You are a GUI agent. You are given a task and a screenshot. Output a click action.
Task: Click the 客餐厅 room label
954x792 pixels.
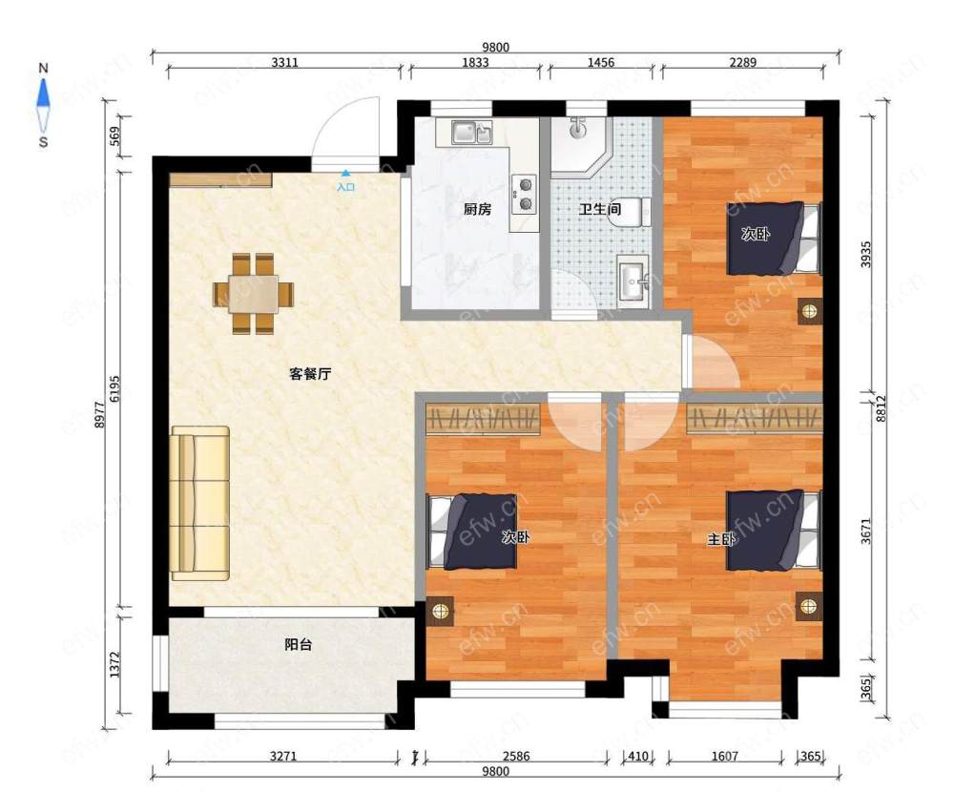pyautogui.click(x=310, y=374)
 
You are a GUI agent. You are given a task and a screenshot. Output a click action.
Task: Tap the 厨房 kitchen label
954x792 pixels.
pyautogui.click(x=477, y=209)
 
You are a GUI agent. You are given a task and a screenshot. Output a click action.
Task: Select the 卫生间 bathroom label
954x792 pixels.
pyautogui.click(x=600, y=209)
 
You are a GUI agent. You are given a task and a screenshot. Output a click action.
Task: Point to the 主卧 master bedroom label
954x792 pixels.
pyautogui.click(x=721, y=539)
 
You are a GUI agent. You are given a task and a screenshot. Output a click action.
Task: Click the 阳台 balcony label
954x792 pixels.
pyautogui.click(x=298, y=644)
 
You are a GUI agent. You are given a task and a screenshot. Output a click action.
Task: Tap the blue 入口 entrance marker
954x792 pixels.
pyautogui.click(x=345, y=182)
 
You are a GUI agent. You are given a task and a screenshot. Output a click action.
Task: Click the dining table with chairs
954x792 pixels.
pyautogui.click(x=253, y=294)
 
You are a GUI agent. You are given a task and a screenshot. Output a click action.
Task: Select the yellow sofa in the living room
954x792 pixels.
pyautogui.click(x=200, y=503)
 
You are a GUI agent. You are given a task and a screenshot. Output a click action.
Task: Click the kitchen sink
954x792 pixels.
pyautogui.click(x=471, y=132)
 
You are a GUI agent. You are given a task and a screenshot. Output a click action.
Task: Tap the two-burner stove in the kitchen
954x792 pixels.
pyautogui.click(x=524, y=195)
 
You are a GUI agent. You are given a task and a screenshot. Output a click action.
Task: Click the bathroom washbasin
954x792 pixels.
pyautogui.click(x=634, y=280)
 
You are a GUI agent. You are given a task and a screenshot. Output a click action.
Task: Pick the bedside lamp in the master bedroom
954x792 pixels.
pyautogui.click(x=808, y=606)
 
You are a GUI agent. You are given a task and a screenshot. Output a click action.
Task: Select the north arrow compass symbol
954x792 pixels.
pyautogui.click(x=43, y=105)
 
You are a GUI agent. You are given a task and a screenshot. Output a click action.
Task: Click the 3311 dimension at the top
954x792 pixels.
pyautogui.click(x=284, y=62)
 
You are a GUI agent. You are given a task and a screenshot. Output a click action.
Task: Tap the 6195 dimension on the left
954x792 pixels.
pyautogui.click(x=115, y=388)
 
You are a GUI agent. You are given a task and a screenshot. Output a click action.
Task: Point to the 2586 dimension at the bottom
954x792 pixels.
pyautogui.click(x=516, y=756)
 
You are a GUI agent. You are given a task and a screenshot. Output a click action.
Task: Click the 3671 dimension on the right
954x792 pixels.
pyautogui.click(x=866, y=531)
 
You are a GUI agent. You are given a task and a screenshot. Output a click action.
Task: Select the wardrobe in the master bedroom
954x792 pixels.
pyautogui.click(x=755, y=418)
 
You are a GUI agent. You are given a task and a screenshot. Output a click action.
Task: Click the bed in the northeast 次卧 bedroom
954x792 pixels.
pyautogui.click(x=774, y=238)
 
